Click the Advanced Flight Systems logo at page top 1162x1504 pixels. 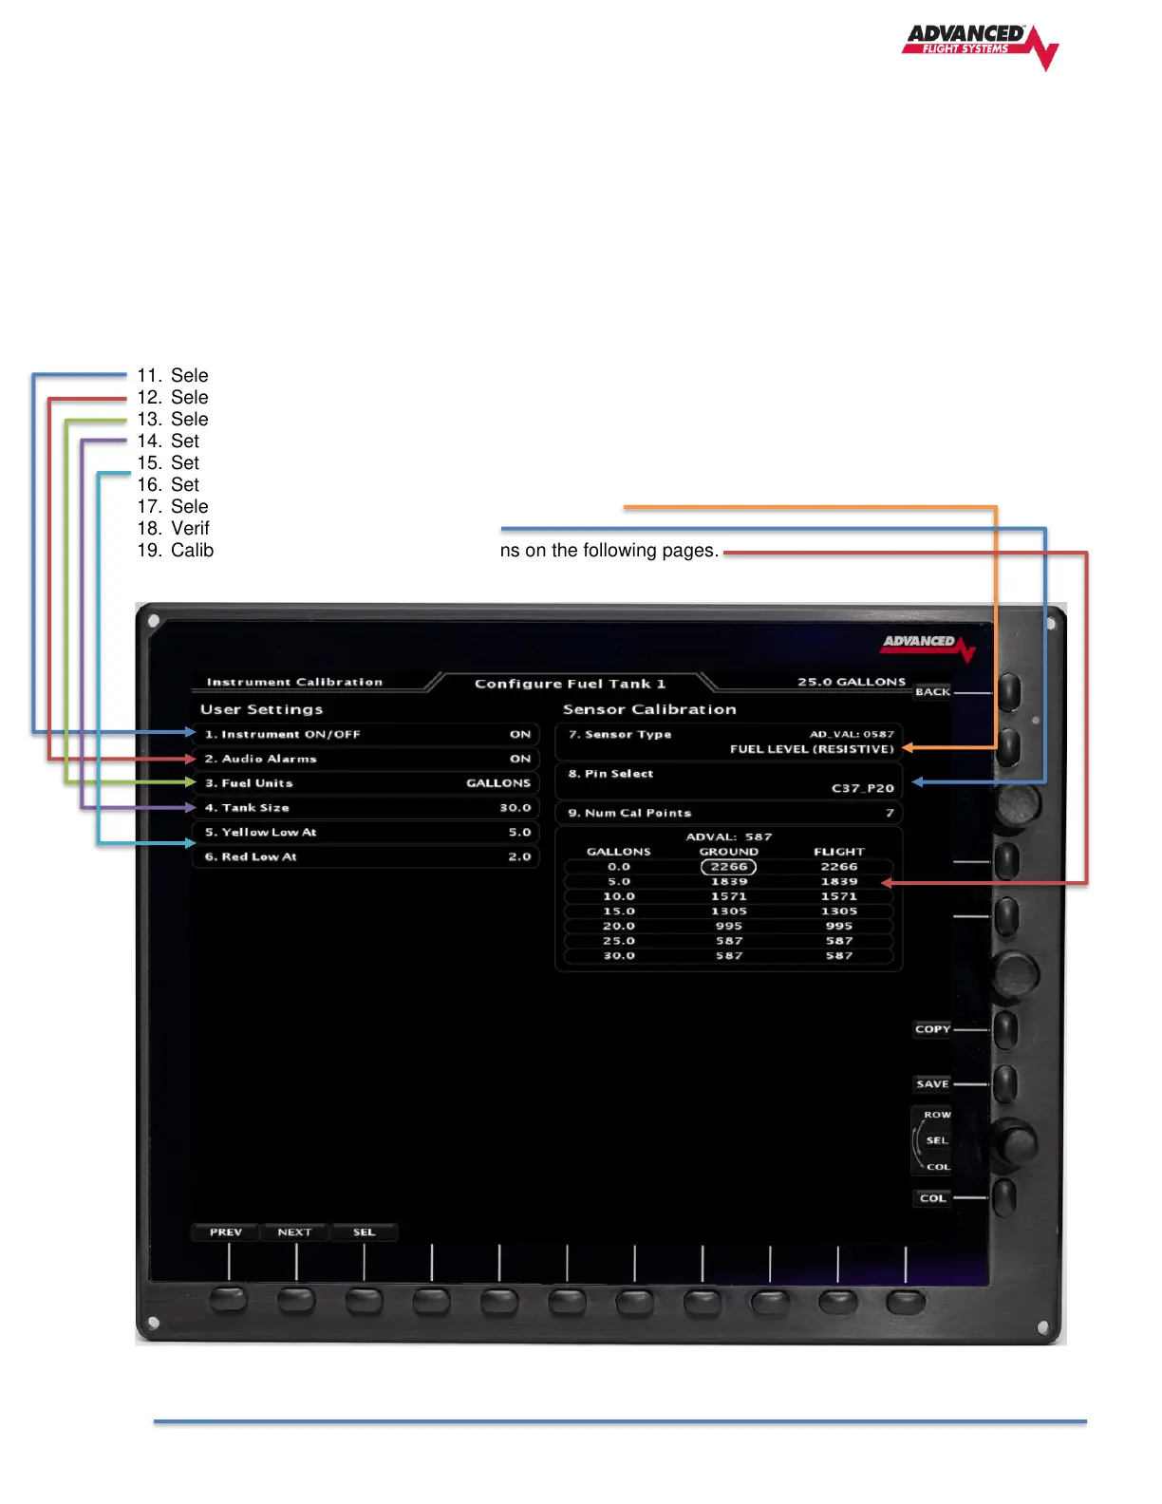[979, 45]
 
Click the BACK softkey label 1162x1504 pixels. [932, 692]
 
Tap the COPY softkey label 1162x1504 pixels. [932, 1029]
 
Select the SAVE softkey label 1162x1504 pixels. [932, 1084]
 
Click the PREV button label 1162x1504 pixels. [226, 1232]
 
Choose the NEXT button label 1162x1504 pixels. [294, 1232]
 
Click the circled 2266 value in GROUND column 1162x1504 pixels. [728, 867]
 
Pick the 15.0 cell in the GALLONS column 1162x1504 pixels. [619, 912]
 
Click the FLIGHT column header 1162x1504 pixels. [838, 852]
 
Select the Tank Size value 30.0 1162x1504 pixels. [515, 808]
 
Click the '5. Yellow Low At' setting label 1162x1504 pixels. [261, 833]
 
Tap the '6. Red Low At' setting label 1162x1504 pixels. [251, 857]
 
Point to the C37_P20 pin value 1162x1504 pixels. [862, 788]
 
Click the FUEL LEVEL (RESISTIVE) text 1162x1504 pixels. [812, 749]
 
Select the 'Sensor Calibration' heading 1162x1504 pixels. [649, 709]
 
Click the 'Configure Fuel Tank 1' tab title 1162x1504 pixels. [570, 684]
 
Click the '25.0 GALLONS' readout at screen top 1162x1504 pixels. [851, 682]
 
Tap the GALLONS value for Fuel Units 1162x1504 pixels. [497, 783]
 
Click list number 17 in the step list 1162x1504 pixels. [149, 507]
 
